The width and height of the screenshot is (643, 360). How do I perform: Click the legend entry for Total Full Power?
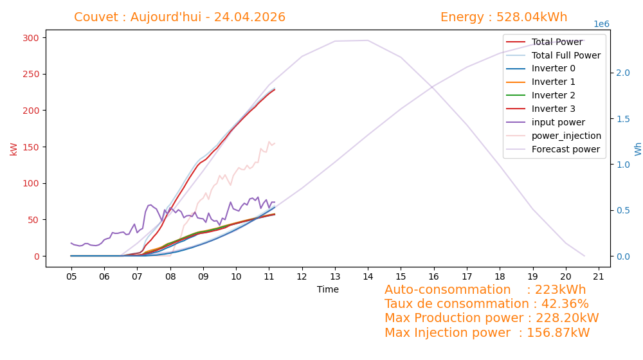pyautogui.click(x=553, y=55)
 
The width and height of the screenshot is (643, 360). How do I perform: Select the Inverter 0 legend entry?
pyautogui.click(x=541, y=69)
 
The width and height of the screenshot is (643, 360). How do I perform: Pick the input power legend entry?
pyautogui.click(x=545, y=122)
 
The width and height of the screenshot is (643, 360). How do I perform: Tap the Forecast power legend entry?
pyautogui.click(x=553, y=149)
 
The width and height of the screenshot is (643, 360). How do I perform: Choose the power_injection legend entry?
pyautogui.click(x=554, y=136)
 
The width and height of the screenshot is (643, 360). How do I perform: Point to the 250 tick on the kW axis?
pyautogui.click(x=31, y=74)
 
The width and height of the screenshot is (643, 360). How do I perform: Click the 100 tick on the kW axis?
pyautogui.click(x=31, y=184)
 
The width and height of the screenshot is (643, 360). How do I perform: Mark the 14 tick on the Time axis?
pyautogui.click(x=368, y=277)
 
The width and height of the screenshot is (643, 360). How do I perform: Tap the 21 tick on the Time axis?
pyautogui.click(x=599, y=277)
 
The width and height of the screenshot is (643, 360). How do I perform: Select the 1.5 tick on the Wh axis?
pyautogui.click(x=623, y=119)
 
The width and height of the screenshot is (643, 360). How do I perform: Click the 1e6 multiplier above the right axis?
pyautogui.click(x=602, y=24)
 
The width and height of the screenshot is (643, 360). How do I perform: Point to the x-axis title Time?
pyautogui.click(x=328, y=289)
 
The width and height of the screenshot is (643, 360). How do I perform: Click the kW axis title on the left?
pyautogui.click(x=14, y=149)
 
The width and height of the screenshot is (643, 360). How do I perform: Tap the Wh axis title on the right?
pyautogui.click(x=638, y=149)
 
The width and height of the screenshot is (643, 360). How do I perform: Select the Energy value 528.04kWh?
pyautogui.click(x=532, y=17)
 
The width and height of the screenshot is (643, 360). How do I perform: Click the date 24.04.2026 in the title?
pyautogui.click(x=249, y=17)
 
